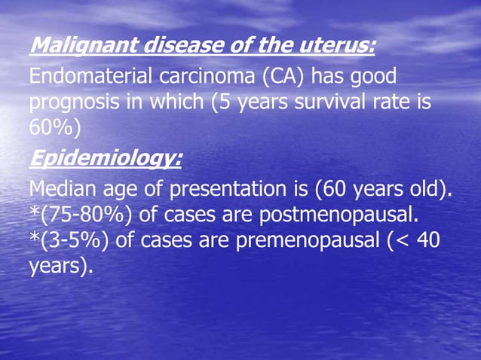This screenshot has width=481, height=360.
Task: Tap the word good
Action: point(371,78)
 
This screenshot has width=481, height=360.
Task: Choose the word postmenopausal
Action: point(339,216)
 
